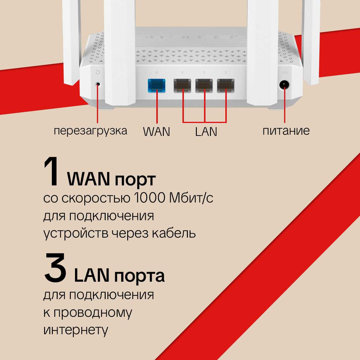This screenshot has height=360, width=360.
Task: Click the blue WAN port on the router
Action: point(157,86)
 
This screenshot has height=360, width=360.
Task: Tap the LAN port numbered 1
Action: point(182,86)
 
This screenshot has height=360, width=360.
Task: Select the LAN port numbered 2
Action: point(204,86)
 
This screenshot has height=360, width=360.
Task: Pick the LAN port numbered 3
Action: point(226,86)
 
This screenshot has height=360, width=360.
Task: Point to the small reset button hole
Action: point(97,84)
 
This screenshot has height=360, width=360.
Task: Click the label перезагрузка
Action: point(90,131)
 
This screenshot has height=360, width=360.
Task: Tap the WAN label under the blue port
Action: point(157,132)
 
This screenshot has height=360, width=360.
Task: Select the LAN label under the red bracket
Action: point(206,132)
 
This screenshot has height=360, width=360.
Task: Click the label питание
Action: point(286,131)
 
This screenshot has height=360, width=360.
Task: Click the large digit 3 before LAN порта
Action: point(55,268)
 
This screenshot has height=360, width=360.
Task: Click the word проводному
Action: point(93,313)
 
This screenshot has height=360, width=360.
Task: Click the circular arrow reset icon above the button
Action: point(97,72)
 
